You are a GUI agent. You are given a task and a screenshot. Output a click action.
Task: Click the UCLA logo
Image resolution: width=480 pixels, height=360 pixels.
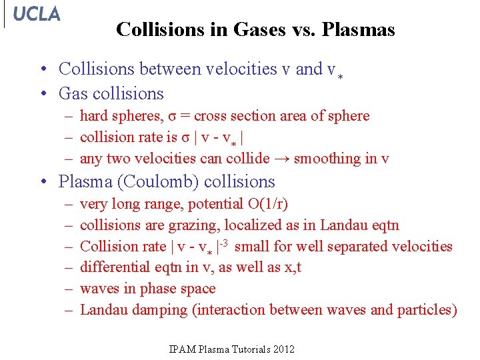pos(36,14)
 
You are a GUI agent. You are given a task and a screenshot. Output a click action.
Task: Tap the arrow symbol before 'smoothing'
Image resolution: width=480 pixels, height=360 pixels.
pos(282,159)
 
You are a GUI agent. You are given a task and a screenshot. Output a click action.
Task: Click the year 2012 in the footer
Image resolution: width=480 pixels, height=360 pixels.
pos(282,349)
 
